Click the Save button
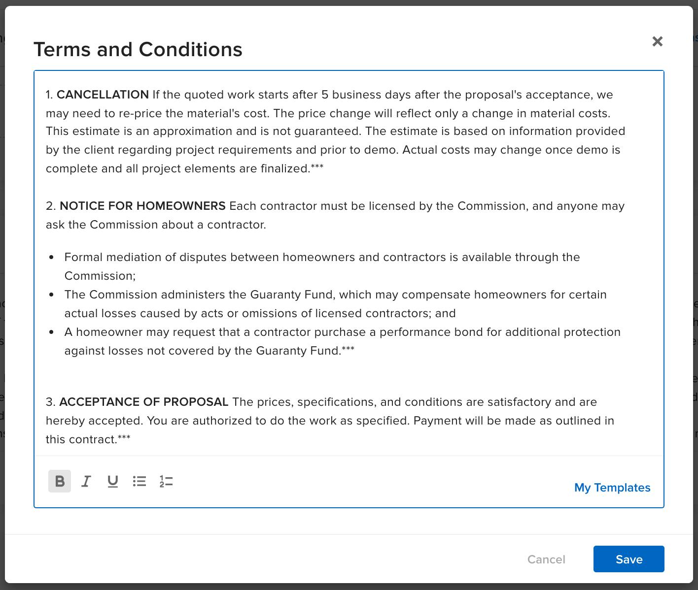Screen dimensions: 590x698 628,559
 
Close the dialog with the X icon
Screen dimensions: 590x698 657,41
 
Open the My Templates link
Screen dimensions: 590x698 612,488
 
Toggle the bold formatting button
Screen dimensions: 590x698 60,481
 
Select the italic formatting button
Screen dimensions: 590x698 86,481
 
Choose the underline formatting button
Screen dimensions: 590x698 113,481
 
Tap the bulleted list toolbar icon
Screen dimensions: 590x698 140,481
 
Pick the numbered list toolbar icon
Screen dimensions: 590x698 166,481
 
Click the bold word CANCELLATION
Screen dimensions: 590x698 103,95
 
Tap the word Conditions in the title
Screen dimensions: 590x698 190,49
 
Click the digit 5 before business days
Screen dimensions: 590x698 325,95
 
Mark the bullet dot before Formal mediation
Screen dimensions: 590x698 52,257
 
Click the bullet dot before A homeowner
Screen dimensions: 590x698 52,332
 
